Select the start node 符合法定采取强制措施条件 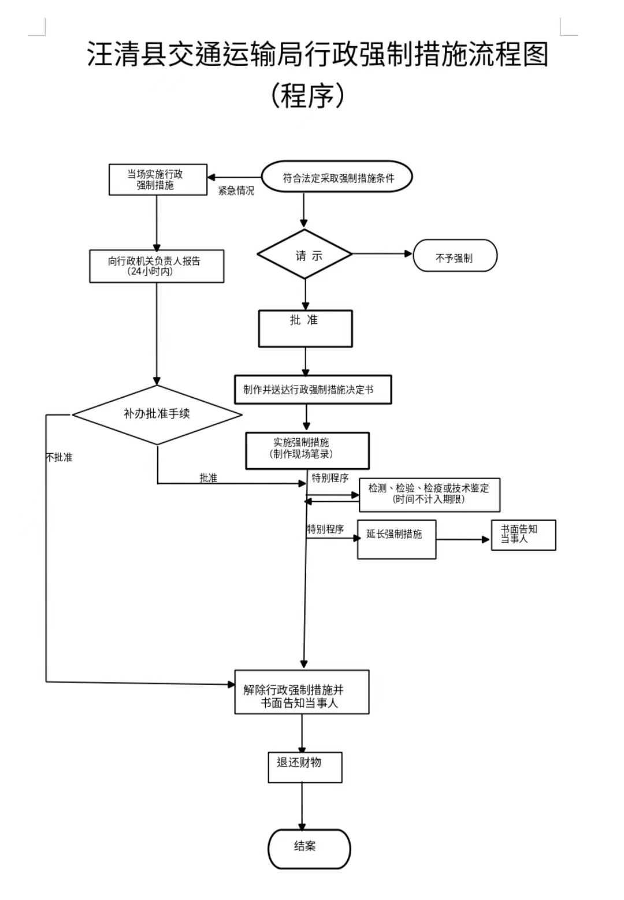(337, 177)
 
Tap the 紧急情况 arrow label (236, 191)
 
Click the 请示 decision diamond (304, 254)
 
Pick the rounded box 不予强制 (455, 256)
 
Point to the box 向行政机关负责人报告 (157, 266)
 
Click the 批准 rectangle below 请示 (305, 328)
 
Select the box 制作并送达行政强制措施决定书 (313, 390)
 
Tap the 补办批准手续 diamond (157, 414)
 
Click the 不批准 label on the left (59, 457)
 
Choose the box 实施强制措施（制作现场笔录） (307, 450)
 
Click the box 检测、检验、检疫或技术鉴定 (429, 494)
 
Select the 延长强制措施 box (396, 539)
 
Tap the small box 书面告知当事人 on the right (523, 535)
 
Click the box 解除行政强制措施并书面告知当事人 (302, 692)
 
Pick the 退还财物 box (304, 767)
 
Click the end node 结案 (309, 849)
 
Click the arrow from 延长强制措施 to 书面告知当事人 (463, 539)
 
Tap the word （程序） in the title (307, 95)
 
